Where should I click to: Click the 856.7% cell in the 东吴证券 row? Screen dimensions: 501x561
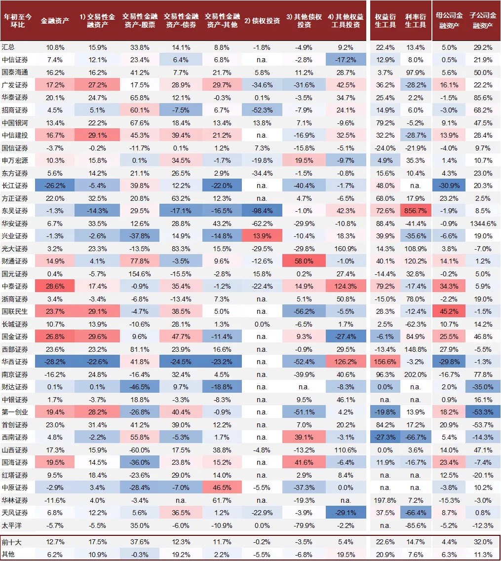(x=416, y=211)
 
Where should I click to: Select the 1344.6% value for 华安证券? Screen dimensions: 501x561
(x=483, y=224)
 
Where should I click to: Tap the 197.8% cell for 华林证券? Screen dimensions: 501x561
(x=385, y=500)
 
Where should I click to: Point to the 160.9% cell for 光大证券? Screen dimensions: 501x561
(x=346, y=249)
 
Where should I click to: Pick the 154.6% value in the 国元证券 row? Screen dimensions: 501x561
(x=140, y=274)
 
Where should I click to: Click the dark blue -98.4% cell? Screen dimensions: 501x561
(x=262, y=211)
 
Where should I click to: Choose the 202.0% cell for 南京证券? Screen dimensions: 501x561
(x=416, y=374)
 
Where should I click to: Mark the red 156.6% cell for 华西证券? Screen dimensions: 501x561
(x=385, y=362)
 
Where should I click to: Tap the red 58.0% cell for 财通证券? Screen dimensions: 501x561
(x=304, y=261)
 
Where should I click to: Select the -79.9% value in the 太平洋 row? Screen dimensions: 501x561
(x=304, y=525)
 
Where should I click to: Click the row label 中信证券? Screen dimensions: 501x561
(x=15, y=60)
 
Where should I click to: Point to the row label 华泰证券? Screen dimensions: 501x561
(x=15, y=97)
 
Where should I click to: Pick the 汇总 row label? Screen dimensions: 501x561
(x=8, y=47)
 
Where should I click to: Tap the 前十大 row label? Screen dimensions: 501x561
(x=11, y=542)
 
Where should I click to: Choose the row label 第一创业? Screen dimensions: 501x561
(x=15, y=412)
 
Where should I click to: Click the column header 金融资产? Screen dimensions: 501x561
(x=55, y=21)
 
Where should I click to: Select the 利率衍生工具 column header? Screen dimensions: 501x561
(x=416, y=21)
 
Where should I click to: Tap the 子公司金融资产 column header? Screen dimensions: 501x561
(x=483, y=20)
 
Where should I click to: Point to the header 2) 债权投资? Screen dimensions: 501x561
(x=262, y=21)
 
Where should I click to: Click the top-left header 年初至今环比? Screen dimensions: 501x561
(x=18, y=21)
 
